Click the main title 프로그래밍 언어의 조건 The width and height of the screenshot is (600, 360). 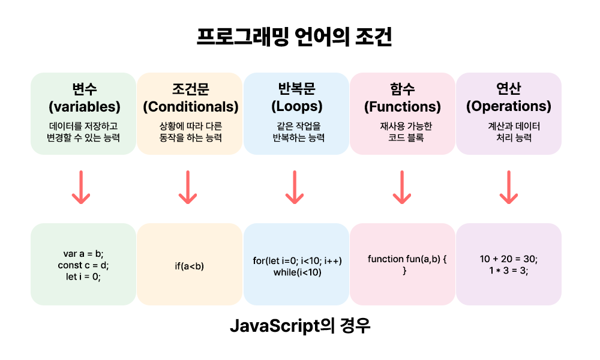(294, 37)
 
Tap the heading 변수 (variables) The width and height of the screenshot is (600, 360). (83, 98)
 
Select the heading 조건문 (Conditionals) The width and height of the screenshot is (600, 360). (190, 98)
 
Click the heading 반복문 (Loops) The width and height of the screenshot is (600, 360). (296, 98)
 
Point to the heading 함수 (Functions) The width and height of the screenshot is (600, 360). (402, 98)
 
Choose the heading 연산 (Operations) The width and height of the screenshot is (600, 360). (509, 98)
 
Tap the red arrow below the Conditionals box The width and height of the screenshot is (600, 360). (188, 187)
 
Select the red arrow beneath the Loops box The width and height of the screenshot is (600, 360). (294, 187)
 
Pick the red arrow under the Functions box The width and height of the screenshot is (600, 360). (401, 187)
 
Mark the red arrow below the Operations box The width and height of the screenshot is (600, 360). (509, 187)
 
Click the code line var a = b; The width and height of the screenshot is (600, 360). (83, 254)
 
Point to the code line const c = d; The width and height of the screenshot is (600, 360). (83, 265)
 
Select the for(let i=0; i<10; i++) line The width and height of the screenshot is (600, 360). (297, 260)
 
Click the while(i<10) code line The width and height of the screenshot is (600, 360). (297, 272)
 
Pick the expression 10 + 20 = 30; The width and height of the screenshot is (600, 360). (509, 259)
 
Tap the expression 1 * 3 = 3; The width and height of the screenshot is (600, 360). (509, 271)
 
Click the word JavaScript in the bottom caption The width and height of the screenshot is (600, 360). (272, 327)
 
